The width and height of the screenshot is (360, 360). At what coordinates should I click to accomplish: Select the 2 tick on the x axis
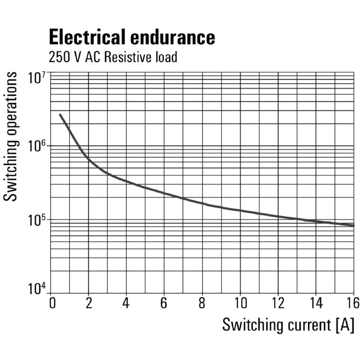pos(89,303)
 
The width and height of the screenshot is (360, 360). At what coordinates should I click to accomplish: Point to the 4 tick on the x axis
pos(127,303)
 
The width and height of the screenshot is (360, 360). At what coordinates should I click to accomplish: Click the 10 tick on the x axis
pos(240,303)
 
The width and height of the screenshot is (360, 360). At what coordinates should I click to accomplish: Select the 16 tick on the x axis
pos(353,303)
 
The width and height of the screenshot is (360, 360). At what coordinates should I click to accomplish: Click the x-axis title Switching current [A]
pos(288,325)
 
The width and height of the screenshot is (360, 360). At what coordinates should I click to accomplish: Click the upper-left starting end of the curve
pos(60,115)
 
